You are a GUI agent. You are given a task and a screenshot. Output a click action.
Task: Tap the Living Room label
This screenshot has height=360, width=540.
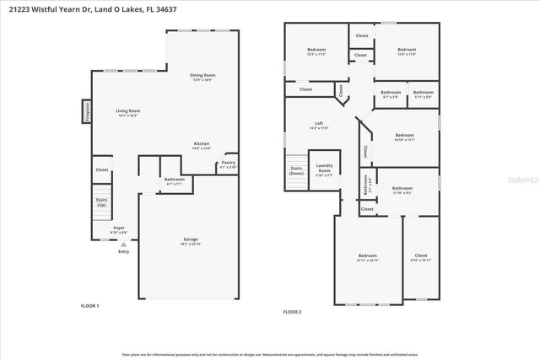[x=127, y=112]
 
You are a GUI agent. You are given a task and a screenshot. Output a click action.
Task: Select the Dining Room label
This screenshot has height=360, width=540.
[x=202, y=77]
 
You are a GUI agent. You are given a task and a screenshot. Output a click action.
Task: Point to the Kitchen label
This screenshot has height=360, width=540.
[x=202, y=145]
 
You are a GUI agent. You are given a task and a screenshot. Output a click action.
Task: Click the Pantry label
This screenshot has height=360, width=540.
[x=229, y=165]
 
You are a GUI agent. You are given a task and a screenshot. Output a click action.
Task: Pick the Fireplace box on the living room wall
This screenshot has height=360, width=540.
[x=86, y=111]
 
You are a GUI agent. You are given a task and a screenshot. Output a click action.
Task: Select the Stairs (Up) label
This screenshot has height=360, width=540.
[x=101, y=203]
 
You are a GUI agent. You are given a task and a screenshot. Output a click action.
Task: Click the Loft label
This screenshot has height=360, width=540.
[x=319, y=126]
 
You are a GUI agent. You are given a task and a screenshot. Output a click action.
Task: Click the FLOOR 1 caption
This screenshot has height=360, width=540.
[x=89, y=305]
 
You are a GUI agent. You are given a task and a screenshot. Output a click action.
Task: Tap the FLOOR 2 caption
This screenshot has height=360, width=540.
[x=292, y=312]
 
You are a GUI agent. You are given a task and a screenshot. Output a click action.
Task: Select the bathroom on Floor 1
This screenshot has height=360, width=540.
[x=175, y=180]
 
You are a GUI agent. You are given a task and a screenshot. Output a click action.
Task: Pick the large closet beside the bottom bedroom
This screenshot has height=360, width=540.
[x=421, y=257]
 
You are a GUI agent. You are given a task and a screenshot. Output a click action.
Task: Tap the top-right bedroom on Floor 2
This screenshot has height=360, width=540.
[x=407, y=52]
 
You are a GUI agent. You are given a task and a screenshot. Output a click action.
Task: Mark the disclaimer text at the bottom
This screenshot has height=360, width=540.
[x=270, y=355]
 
